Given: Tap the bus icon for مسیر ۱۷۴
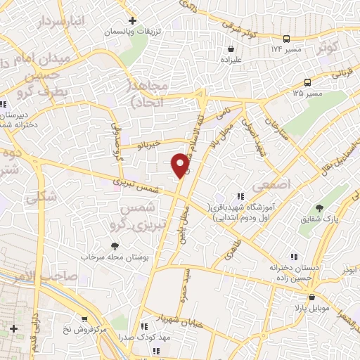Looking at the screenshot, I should point(286,39).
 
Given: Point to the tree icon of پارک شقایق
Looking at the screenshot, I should point(321,208).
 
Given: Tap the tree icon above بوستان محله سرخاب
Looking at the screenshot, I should point(115,246).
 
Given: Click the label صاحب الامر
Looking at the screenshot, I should point(34,277).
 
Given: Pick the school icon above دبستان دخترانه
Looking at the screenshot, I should point(293,257).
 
